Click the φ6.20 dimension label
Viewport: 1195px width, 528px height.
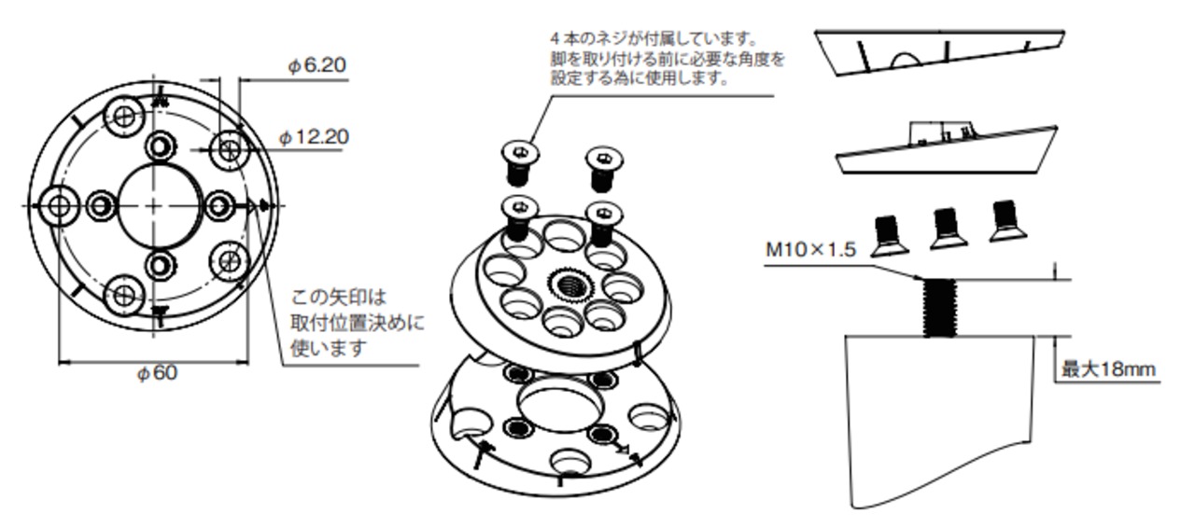(316, 66)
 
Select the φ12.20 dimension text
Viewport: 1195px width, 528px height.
(315, 137)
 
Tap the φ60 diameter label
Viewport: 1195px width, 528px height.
(157, 373)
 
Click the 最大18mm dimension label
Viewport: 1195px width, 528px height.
(1108, 369)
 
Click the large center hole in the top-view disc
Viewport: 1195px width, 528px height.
(158, 203)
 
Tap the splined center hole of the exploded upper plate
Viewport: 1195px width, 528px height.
(568, 283)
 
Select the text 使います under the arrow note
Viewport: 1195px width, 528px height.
(328, 347)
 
